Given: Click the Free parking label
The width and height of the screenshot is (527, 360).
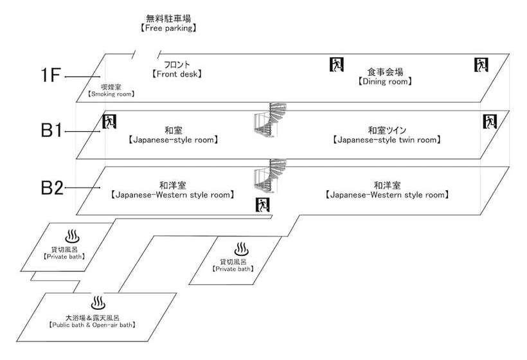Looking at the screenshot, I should pyautogui.click(x=168, y=24).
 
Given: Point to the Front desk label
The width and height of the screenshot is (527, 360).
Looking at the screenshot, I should pyautogui.click(x=177, y=69).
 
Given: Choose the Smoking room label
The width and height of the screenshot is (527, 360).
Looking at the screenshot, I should pyautogui.click(x=111, y=90).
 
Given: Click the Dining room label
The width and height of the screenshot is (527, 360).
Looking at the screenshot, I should pyautogui.click(x=386, y=76).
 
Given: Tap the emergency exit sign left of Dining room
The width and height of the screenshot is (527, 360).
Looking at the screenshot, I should pyautogui.click(x=337, y=64).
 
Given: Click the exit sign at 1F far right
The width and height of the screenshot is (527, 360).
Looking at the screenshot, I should pyautogui.click(x=481, y=64).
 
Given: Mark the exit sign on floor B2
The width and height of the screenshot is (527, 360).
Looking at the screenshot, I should pyautogui.click(x=262, y=205).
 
